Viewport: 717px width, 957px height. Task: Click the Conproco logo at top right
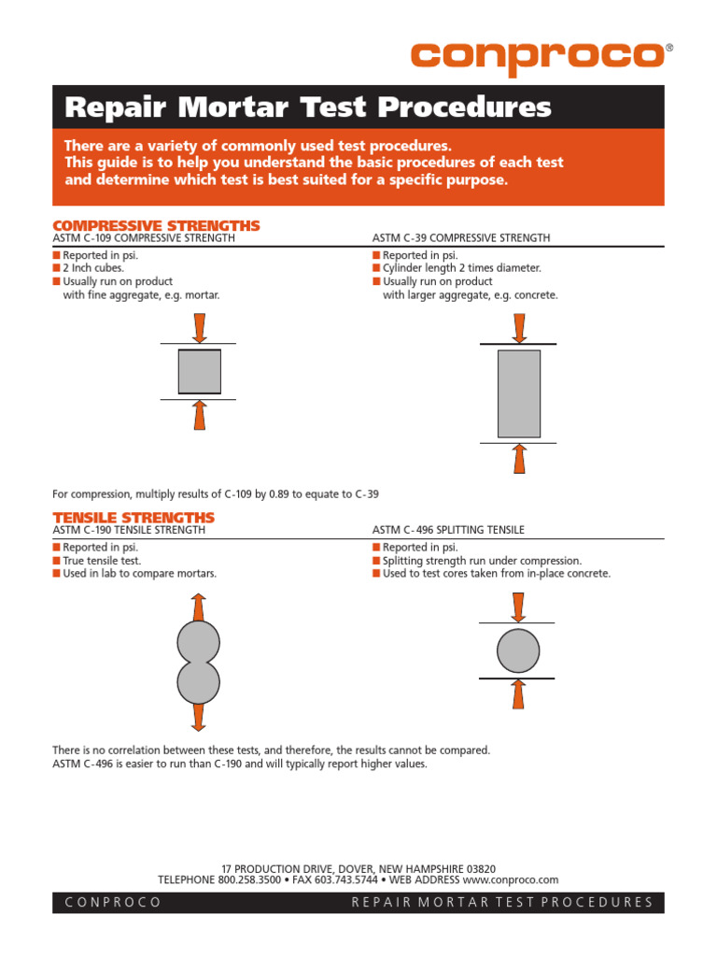tap(537, 55)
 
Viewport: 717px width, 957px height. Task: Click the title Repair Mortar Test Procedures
tap(307, 107)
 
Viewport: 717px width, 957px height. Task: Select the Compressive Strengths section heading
tap(156, 226)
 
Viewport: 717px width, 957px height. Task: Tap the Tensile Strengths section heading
tap(134, 518)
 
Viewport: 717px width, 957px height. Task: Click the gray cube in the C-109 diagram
tap(200, 371)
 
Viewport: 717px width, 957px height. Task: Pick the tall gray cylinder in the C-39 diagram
tap(519, 393)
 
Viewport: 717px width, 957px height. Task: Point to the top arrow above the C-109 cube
tap(199, 327)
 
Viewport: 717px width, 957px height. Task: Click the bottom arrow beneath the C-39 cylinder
tap(520, 459)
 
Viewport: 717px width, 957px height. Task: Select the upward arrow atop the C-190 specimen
tap(198, 607)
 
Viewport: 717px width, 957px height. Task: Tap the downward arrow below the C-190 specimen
tap(198, 717)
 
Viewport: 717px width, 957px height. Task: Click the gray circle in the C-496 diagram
tap(519, 650)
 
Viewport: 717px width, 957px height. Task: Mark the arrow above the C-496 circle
tap(519, 607)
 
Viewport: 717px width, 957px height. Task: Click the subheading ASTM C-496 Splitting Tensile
tap(448, 530)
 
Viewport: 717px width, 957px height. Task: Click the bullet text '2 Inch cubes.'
tap(93, 268)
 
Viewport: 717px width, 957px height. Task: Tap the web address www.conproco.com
tap(510, 879)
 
